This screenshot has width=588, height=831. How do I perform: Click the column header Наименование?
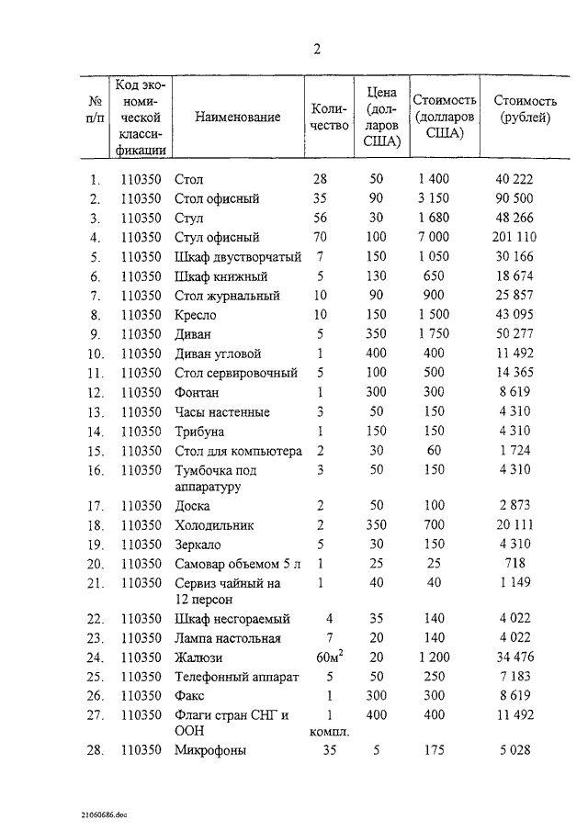point(237,119)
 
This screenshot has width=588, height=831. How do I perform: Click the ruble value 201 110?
point(514,237)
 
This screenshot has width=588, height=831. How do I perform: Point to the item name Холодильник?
point(216,525)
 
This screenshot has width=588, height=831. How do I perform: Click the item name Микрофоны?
point(209,751)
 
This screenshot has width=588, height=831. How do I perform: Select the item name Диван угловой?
point(218,354)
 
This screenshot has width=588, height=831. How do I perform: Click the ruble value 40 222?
point(514,179)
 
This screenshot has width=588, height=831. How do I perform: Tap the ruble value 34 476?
point(514,657)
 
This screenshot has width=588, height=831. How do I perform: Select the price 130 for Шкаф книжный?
point(376,275)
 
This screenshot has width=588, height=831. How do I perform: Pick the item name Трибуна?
point(199,431)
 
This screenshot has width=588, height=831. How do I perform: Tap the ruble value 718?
point(514,563)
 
